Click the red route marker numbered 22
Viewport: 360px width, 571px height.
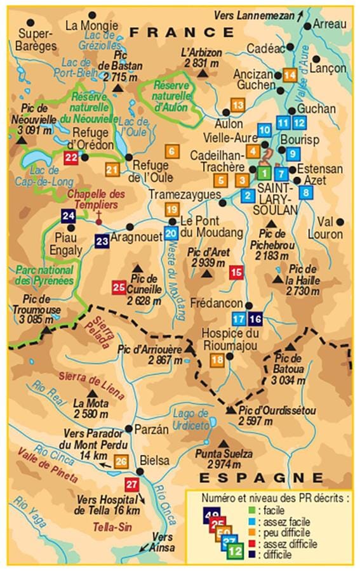coord(71,158)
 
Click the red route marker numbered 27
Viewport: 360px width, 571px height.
coord(132,485)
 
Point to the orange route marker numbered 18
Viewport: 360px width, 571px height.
coord(217,360)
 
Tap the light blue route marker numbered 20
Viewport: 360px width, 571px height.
coord(170,233)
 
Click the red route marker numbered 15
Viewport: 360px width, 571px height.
coord(236,273)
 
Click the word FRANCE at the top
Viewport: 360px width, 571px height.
coord(180,32)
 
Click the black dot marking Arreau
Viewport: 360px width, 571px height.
coord(307,25)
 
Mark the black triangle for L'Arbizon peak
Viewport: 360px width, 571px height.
coord(203,74)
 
